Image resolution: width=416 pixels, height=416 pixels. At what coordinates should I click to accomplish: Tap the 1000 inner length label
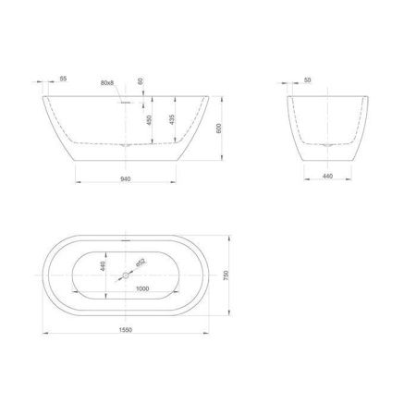pos(141,288)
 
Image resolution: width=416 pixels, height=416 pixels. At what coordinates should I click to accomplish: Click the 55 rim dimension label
pos(63,80)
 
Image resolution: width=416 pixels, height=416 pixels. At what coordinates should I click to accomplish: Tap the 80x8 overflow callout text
pos(107,83)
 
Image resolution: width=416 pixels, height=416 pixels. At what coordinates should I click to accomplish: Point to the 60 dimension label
pos(140,80)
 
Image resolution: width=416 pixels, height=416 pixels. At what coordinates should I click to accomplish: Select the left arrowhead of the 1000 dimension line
pos(72,295)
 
